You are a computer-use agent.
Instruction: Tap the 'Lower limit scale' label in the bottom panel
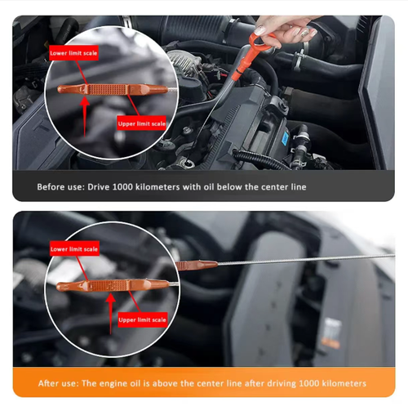point(74,248)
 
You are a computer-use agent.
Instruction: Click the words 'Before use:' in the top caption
point(60,186)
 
